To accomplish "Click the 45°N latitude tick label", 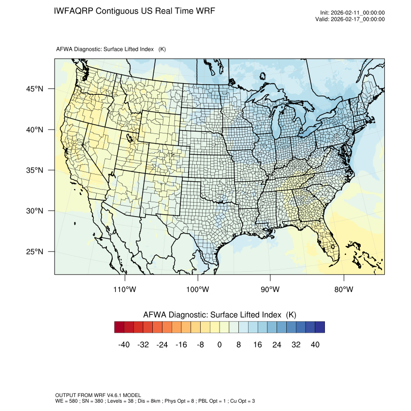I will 34,89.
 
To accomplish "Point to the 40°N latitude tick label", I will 34,130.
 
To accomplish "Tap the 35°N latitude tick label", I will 34,170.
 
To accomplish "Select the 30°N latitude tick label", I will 34,211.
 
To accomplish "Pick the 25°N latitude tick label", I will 34,251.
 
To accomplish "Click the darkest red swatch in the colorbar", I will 119,327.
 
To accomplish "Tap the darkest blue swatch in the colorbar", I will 320,327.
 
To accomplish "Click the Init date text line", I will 352,13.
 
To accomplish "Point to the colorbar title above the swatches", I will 220,315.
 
